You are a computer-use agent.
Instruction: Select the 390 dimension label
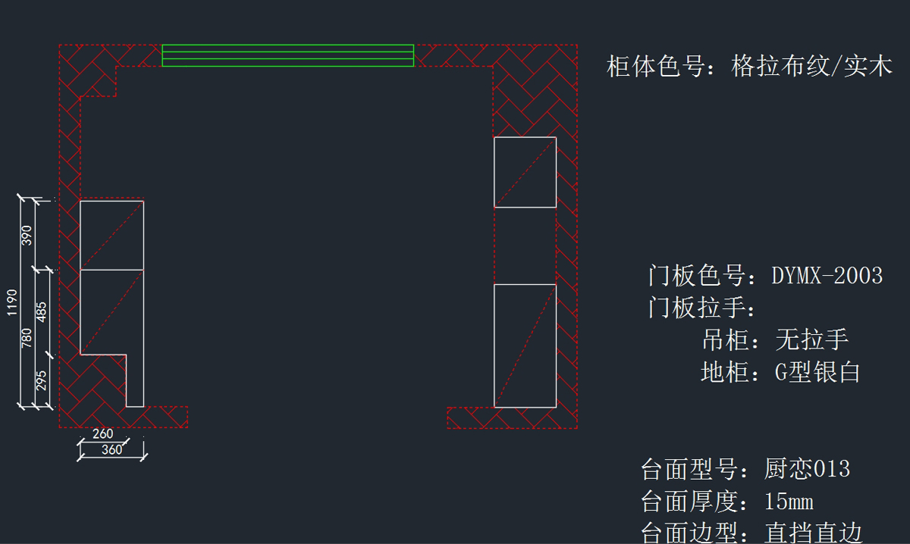pyautogui.click(x=27, y=236)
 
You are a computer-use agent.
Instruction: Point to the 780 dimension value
pyautogui.click(x=27, y=338)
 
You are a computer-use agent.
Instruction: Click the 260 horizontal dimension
pyautogui.click(x=102, y=434)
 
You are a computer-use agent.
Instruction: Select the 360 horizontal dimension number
pyautogui.click(x=111, y=450)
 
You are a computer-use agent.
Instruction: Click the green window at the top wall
pyautogui.click(x=287, y=55)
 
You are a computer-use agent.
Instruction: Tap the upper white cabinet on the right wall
pyautogui.click(x=525, y=172)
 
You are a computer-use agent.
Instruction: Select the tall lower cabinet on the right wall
pyautogui.click(x=525, y=345)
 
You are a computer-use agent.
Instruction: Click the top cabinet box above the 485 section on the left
pyautogui.click(x=111, y=235)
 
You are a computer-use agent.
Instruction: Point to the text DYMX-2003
pyautogui.click(x=827, y=275)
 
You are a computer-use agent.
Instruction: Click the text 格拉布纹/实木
pyautogui.click(x=811, y=67)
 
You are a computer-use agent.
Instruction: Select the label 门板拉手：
pyautogui.click(x=702, y=308)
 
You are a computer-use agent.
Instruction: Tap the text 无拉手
pyautogui.click(x=811, y=339)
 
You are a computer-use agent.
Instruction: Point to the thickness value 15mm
pyautogui.click(x=789, y=502)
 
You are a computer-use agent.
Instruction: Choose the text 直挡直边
pyautogui.click(x=813, y=533)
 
